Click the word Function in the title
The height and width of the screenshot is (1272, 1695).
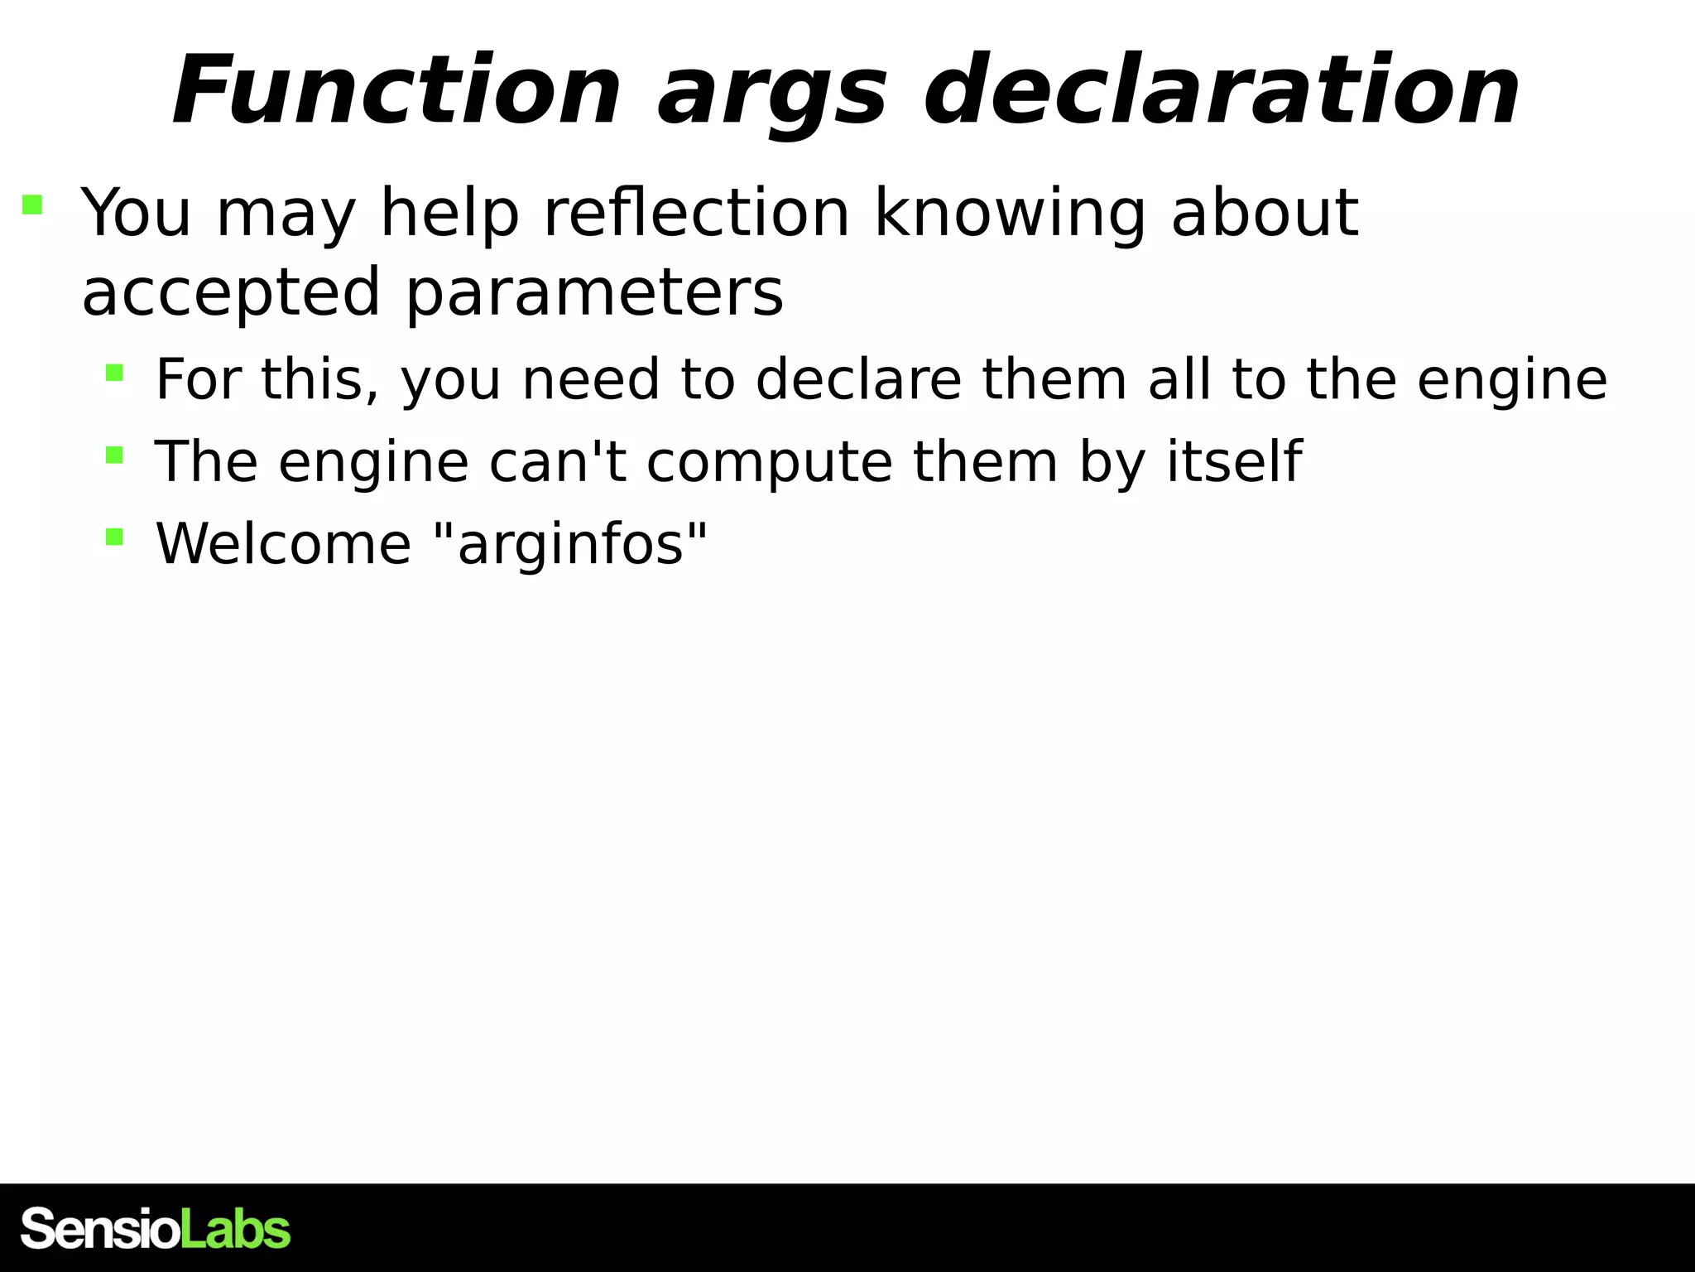(x=396, y=91)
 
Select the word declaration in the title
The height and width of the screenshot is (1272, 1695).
(x=1221, y=91)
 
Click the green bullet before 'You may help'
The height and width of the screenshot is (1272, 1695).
(x=32, y=205)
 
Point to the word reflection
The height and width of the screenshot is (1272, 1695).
(x=696, y=213)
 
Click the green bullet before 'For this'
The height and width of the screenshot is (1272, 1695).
(x=114, y=373)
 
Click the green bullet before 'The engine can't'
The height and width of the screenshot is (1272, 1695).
(x=114, y=455)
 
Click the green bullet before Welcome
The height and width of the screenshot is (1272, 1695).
(x=114, y=537)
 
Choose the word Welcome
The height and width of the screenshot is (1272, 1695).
(x=283, y=544)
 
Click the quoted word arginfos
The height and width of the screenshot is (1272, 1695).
(x=571, y=545)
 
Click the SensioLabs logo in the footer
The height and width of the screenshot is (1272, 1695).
(x=156, y=1229)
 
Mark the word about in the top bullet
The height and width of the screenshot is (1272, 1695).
(x=1265, y=213)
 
